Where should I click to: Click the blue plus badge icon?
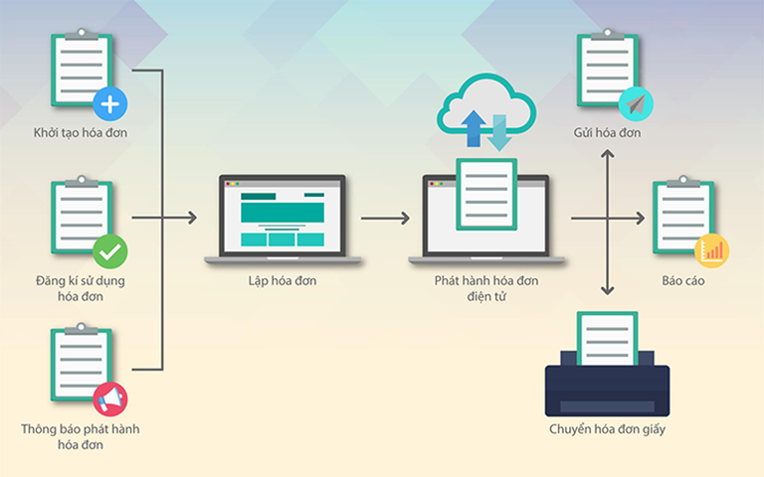109,103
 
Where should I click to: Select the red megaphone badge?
109,399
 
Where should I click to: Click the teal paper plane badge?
634,103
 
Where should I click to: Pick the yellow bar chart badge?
712,251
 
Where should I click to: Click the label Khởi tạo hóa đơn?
80,132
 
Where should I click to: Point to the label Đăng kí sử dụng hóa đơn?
80,288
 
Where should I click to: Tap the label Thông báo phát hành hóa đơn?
80,437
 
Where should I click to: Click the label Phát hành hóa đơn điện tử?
486,288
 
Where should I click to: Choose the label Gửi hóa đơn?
607,132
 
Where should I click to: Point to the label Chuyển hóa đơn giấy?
607,429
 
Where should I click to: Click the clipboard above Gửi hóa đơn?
604,70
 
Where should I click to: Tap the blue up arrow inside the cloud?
474,127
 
